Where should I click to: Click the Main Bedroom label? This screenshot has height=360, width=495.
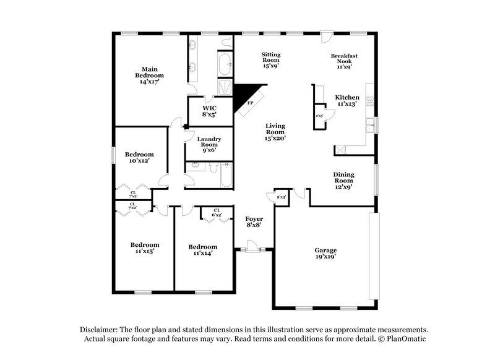(x=148, y=75)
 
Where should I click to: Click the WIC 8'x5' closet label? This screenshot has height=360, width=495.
(x=209, y=111)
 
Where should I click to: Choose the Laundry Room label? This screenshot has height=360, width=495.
(x=209, y=144)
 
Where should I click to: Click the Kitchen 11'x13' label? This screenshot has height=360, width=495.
(x=346, y=101)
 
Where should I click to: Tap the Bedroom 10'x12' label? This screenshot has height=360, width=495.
(x=139, y=157)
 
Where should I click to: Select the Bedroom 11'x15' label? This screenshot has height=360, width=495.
(x=144, y=247)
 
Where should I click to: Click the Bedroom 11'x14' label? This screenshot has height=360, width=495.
(x=203, y=249)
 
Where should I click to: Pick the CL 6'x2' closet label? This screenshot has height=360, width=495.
(x=217, y=213)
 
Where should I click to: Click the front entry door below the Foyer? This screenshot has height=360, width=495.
(x=252, y=249)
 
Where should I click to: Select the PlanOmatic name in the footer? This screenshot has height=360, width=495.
(x=405, y=340)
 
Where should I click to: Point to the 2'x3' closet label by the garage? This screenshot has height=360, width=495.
(x=282, y=197)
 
